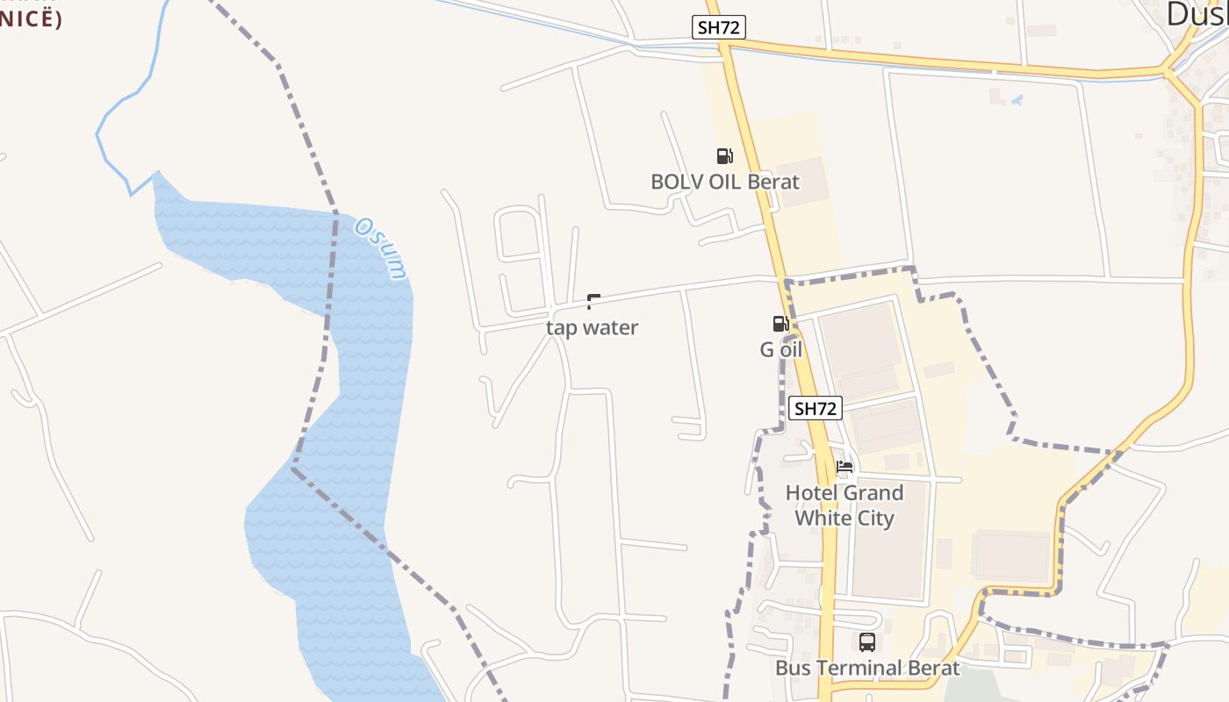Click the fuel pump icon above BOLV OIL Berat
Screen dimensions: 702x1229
(724, 156)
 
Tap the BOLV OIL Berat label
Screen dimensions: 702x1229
(724, 182)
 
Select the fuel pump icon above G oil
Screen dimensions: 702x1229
(780, 324)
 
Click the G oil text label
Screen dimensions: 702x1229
(780, 349)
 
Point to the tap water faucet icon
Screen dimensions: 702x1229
(593, 302)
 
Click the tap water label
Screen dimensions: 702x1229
(592, 327)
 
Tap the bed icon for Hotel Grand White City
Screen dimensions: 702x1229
(844, 467)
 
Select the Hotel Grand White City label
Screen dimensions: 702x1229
(844, 505)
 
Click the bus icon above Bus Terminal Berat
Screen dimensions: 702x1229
(867, 642)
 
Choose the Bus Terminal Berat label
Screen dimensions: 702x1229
(867, 668)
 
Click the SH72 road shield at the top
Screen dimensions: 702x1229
(719, 27)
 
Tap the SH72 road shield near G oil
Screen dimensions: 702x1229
(816, 408)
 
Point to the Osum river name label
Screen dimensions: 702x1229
(382, 248)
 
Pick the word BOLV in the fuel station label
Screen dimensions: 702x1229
(672, 182)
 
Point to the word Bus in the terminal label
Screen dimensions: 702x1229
(792, 668)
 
